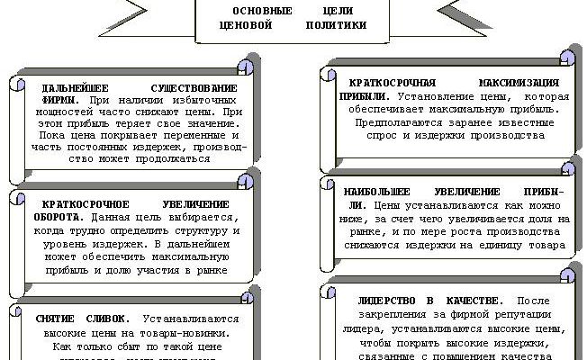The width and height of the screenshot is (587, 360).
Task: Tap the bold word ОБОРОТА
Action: pos(55,218)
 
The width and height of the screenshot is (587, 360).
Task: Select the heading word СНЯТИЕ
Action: pos(56,319)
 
